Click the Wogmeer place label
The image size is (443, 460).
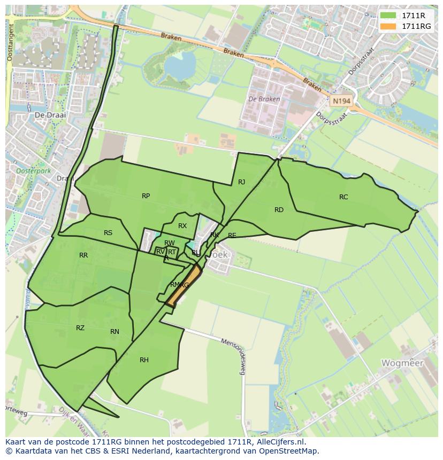(402, 363)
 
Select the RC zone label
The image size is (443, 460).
(343, 197)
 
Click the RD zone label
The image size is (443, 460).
(279, 210)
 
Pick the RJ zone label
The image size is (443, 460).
(241, 182)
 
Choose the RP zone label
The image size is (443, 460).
(146, 196)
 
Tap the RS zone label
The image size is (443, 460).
(108, 233)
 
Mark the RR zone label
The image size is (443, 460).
(83, 255)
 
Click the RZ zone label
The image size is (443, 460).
(80, 328)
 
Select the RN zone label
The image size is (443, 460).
(114, 332)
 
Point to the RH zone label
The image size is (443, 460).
(144, 360)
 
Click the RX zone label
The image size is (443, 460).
(182, 226)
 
